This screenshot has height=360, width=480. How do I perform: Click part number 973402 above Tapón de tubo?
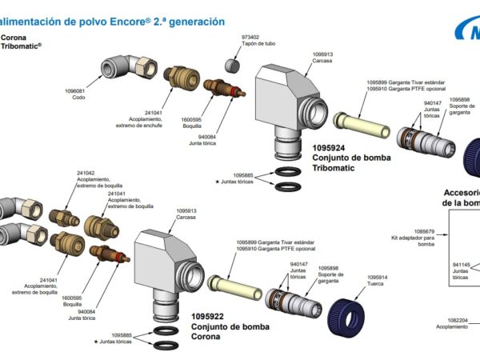250,37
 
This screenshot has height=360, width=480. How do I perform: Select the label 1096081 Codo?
74,94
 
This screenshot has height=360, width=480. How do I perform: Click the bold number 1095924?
329,148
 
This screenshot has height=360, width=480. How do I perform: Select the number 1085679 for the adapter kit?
423,231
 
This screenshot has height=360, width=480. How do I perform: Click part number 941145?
462,264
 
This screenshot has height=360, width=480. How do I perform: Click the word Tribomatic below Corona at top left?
19,46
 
